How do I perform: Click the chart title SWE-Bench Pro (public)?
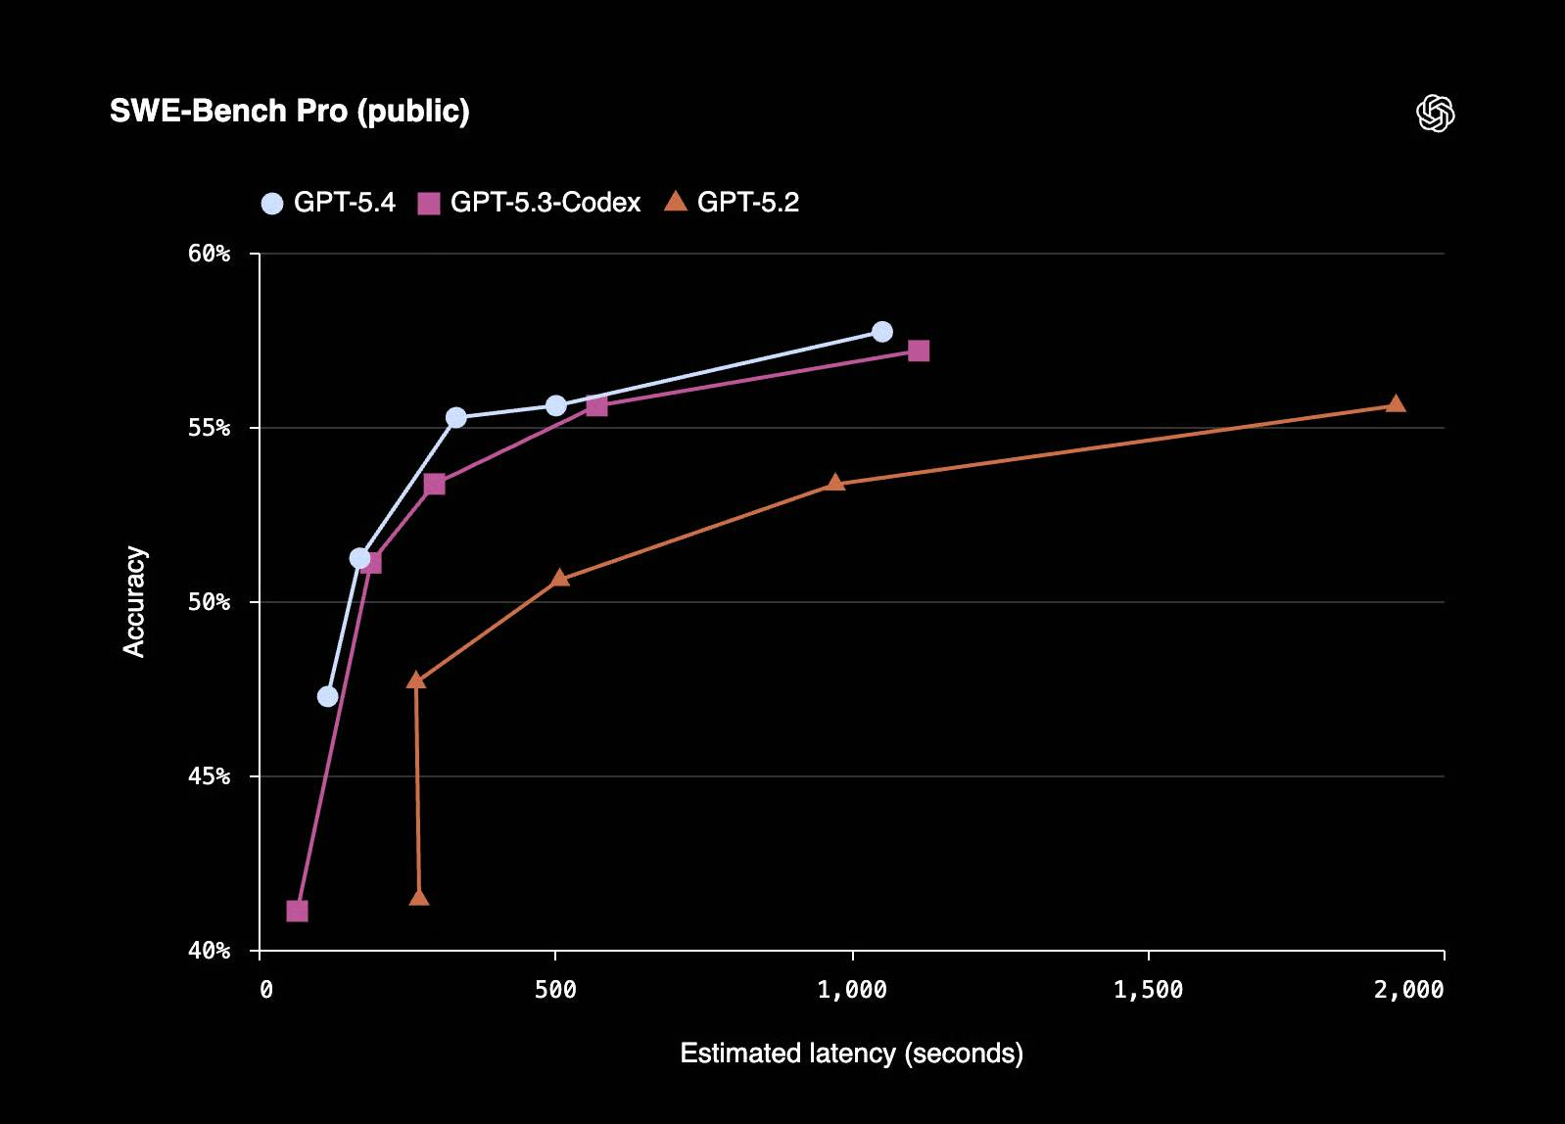pos(289,111)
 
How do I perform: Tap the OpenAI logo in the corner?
pos(1435,114)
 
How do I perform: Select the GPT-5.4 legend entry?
pos(328,203)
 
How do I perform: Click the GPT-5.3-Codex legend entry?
pos(529,203)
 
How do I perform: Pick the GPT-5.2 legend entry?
pos(732,203)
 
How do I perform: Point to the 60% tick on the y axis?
pos(210,254)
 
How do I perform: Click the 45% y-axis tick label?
pos(210,776)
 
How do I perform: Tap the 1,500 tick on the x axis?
pos(1148,990)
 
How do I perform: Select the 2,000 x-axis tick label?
pos(1408,990)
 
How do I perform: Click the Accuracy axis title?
pos(134,601)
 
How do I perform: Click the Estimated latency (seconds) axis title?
pos(851,1054)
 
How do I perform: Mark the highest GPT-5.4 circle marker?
pos(881,332)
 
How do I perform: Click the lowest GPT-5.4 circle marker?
pos(328,696)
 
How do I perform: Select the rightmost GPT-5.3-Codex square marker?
pos(918,351)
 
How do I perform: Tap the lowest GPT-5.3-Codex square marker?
pos(297,911)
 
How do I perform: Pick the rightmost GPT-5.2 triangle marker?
pos(1396,404)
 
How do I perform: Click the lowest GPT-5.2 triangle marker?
pos(419,898)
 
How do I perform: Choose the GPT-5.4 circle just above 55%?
pos(455,418)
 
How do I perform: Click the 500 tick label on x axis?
pos(555,990)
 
